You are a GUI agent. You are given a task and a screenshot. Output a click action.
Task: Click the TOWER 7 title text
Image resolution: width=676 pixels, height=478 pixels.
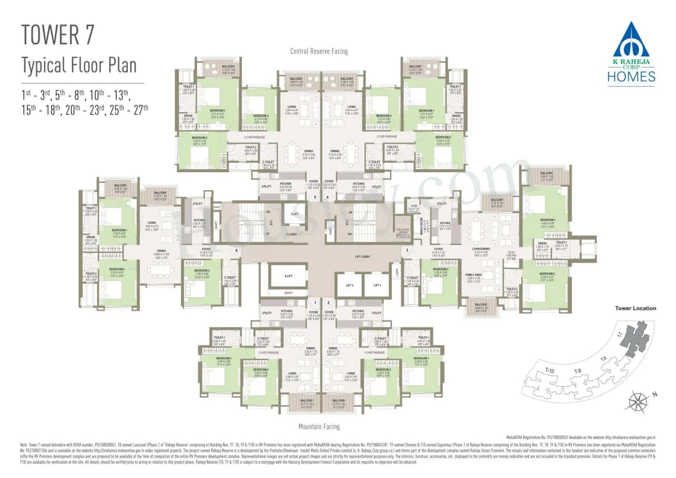click(58, 34)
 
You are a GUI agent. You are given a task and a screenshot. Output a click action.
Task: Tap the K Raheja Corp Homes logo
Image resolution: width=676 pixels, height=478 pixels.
click(634, 53)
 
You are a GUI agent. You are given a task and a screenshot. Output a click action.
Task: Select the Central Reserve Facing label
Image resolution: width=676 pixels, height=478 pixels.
click(319, 51)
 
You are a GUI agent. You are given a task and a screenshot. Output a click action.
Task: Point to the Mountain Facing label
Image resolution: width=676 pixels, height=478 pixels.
click(319, 426)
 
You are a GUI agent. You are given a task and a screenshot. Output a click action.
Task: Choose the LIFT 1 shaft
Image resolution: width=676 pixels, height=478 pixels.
click(377, 285)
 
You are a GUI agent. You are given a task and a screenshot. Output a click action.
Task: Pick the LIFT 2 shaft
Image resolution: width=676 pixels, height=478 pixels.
click(349, 285)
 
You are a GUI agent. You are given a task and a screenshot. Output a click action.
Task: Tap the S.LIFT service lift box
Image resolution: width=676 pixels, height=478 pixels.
click(288, 276)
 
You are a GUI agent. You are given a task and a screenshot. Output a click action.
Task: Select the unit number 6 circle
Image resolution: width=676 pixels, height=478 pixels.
click(236, 250)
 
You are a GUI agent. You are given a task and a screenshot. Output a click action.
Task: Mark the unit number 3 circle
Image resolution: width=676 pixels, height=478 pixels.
click(407, 250)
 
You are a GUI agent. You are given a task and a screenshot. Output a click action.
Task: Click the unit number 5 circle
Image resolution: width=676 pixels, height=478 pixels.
click(315, 198)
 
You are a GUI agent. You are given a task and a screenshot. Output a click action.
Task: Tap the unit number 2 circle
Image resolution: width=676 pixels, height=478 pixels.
click(328, 303)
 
